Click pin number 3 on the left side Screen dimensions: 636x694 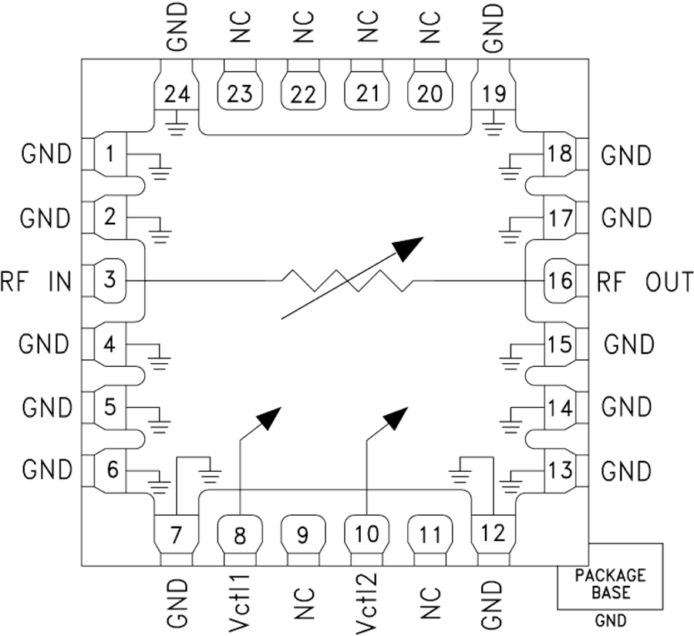(x=110, y=279)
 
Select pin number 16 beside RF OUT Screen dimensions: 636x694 (x=561, y=281)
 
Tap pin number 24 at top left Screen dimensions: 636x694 (x=176, y=94)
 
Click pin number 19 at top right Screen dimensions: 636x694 (x=494, y=94)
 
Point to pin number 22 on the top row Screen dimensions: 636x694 (x=303, y=94)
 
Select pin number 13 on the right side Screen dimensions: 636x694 (x=561, y=469)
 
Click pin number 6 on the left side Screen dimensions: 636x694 (x=112, y=469)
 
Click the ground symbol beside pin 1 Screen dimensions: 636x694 (x=160, y=170)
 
